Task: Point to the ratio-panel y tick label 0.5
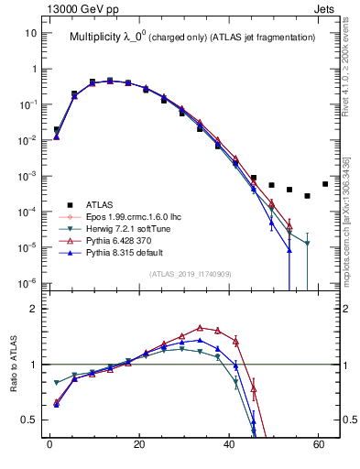coord(29,420)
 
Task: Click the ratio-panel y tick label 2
coord(34,309)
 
